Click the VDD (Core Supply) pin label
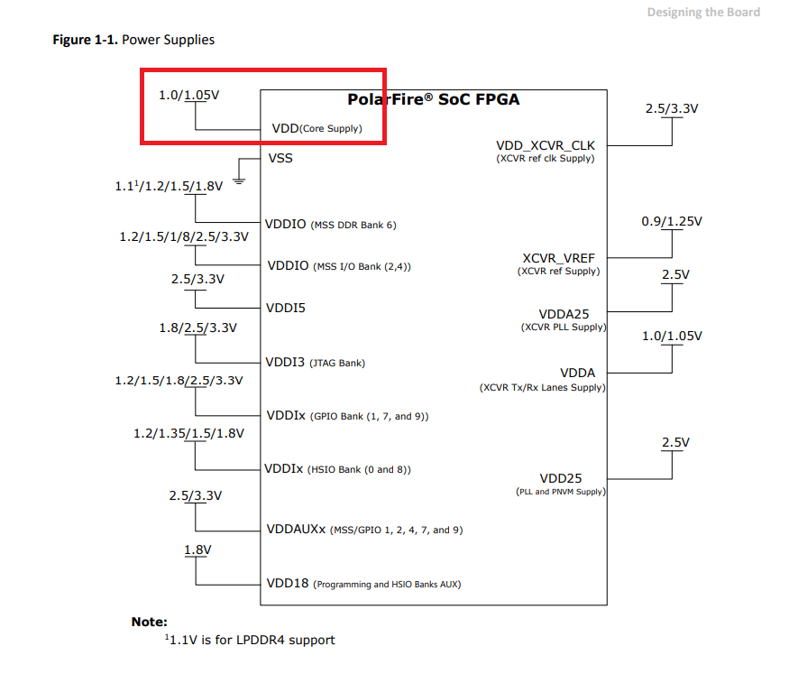pos(317,128)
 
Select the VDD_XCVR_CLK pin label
pos(545,145)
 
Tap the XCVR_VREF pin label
pos(558,258)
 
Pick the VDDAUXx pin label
pos(296,529)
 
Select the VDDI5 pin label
pos(286,308)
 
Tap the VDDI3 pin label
pos(285,363)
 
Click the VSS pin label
pos(280,158)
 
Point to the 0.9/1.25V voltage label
pos(671,221)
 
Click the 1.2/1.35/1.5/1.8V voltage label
pos(188,434)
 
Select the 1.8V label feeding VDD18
pos(197,549)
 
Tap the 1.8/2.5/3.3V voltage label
pos(197,328)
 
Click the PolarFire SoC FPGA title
pos(433,99)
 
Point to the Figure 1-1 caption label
pos(86,40)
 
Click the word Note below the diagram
pos(149,622)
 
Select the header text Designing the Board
pos(703,12)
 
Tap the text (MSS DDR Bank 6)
pos(353,225)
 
